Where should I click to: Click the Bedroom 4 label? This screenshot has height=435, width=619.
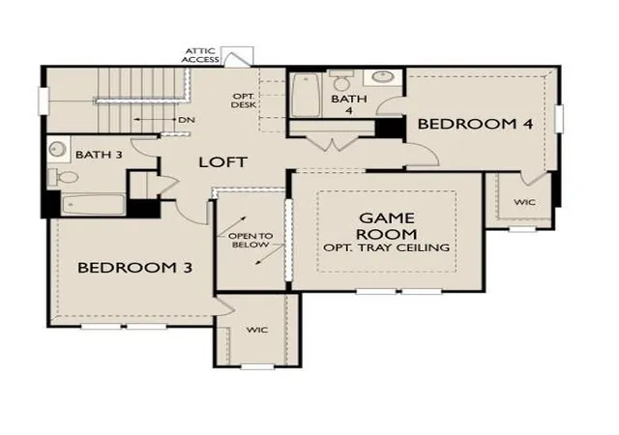(475, 124)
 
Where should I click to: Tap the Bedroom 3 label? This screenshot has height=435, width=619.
(135, 268)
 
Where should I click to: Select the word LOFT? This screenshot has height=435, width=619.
(223, 162)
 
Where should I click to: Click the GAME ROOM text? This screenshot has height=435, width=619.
(387, 226)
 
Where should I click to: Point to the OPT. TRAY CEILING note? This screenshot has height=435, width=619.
(387, 247)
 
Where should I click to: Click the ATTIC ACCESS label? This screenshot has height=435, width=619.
(200, 55)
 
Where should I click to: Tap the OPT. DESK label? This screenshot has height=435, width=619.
(244, 101)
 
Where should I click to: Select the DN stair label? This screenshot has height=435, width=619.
(187, 120)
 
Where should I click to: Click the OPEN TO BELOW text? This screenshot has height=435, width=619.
(251, 241)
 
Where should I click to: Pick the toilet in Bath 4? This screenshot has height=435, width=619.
(341, 80)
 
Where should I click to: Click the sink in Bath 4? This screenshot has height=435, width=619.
(382, 76)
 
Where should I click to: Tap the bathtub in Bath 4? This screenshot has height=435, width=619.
(306, 95)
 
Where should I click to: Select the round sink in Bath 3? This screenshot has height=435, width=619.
(58, 149)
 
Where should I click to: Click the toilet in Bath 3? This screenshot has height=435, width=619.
(63, 177)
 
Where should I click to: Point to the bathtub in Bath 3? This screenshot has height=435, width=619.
(94, 205)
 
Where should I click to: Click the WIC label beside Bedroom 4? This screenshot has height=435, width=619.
(524, 202)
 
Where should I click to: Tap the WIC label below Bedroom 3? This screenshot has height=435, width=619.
(257, 330)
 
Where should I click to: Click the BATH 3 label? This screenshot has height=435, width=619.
(99, 155)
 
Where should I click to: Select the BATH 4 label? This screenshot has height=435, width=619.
(349, 104)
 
